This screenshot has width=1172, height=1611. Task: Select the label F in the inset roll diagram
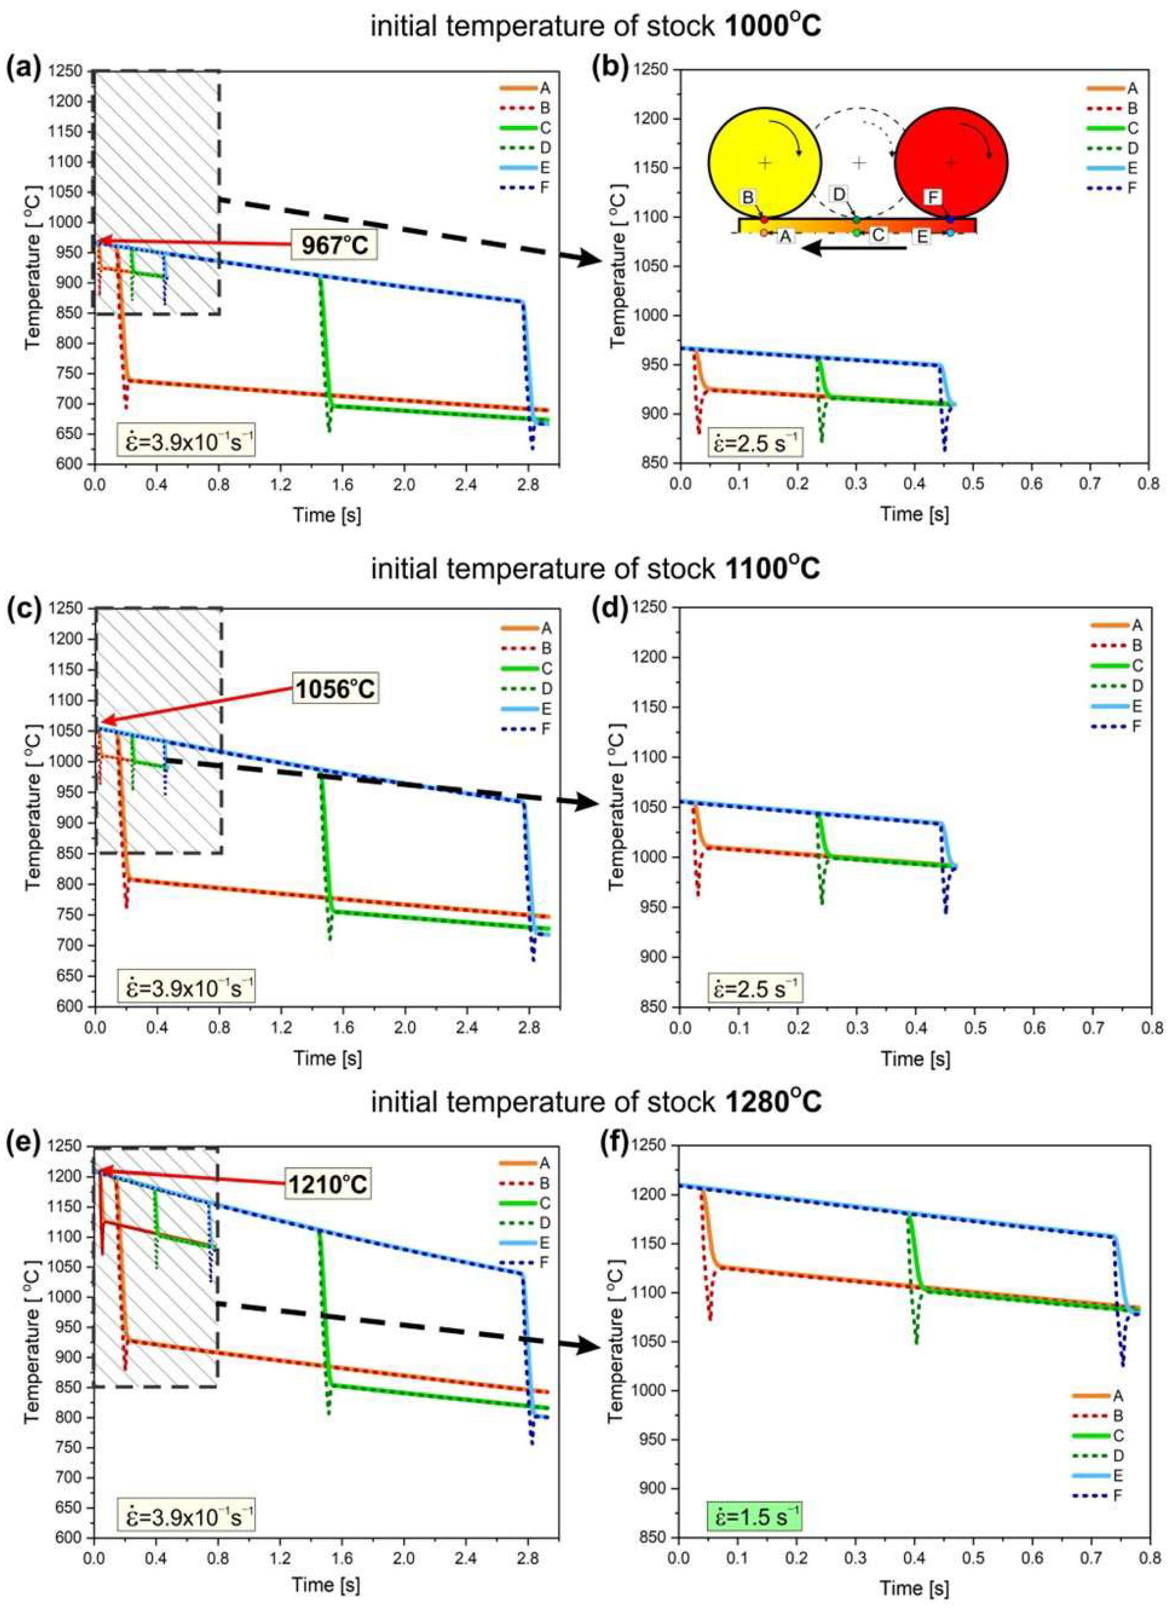pyautogui.click(x=935, y=197)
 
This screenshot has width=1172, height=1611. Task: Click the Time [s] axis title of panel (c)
pyautogui.click(x=328, y=1058)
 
